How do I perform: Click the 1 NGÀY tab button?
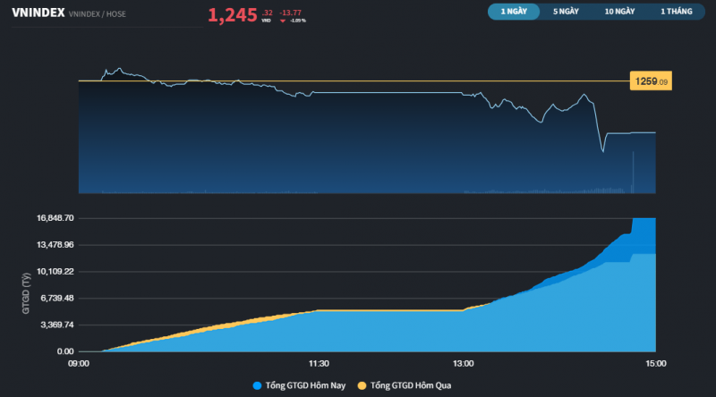514,12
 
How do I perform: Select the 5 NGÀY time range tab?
566,12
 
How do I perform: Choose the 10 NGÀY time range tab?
619,12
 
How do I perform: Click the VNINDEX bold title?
38,13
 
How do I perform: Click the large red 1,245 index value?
233,15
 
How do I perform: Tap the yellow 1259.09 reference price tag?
652,81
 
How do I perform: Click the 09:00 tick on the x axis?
78,363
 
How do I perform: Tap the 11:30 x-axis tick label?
319,363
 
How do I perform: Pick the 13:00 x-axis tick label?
463,363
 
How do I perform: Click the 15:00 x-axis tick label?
655,363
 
